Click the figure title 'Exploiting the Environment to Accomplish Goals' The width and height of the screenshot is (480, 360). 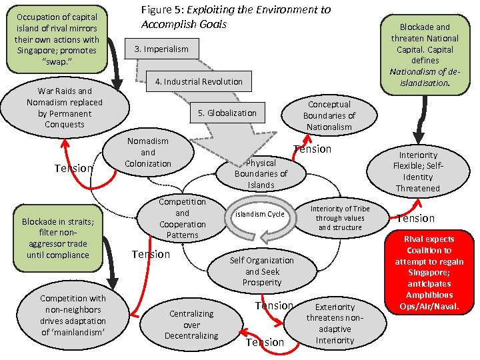tap(235, 17)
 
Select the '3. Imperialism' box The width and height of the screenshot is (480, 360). tap(161, 49)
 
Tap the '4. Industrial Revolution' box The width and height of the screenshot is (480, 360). tap(198, 81)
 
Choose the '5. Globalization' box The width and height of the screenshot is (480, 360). tap(227, 113)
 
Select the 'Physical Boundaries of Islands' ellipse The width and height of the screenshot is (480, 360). tap(261, 173)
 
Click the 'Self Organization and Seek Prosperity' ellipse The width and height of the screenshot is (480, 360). tap(261, 271)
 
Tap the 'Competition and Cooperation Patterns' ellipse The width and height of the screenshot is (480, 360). tap(182, 218)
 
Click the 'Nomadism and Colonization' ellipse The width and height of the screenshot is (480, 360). tap(147, 152)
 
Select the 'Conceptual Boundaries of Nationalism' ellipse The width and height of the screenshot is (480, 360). tap(329, 115)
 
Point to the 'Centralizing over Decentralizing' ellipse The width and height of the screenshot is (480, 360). tap(191, 324)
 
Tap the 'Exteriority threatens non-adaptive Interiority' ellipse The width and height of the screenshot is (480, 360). tap(335, 323)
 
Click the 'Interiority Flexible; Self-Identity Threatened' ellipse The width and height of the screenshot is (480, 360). tap(418, 171)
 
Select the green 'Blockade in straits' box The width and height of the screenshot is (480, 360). tap(58, 238)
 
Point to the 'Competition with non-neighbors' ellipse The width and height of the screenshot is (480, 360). tap(73, 315)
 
